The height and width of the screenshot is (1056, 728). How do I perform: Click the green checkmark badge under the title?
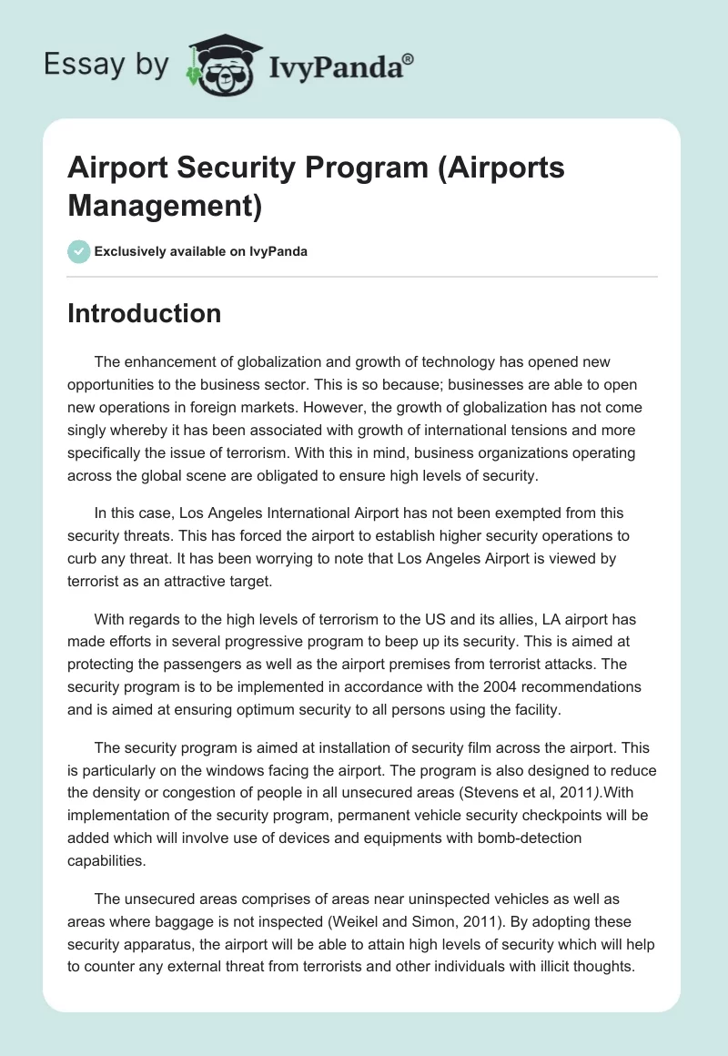tap(79, 251)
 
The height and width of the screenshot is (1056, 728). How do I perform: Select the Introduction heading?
tap(145, 313)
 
